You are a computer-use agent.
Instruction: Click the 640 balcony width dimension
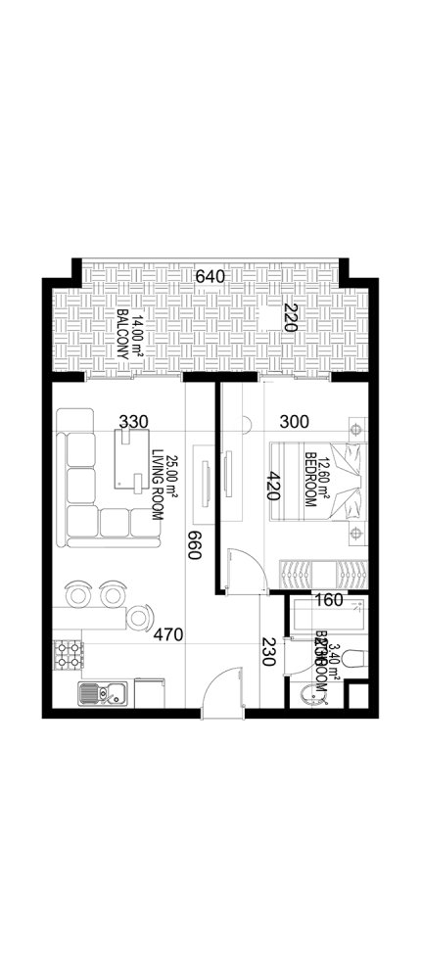(210, 276)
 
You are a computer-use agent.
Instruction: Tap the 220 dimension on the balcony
(290, 319)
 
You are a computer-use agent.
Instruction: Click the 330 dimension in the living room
(133, 421)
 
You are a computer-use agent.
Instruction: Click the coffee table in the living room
(129, 460)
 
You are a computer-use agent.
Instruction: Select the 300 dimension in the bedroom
(294, 422)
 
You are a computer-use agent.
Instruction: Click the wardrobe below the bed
(323, 573)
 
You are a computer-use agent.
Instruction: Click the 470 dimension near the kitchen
(168, 635)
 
